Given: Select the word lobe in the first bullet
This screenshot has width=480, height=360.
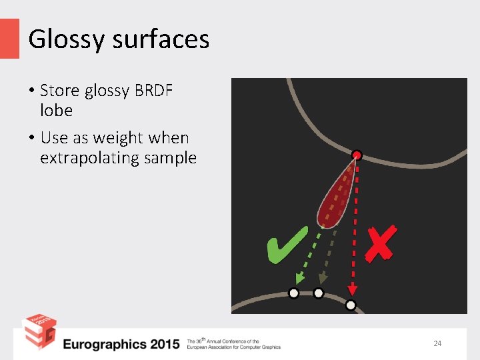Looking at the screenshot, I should (x=56, y=110).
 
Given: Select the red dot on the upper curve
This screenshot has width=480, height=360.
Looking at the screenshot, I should (x=357, y=155).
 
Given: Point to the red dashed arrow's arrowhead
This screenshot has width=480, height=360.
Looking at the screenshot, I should (x=353, y=289).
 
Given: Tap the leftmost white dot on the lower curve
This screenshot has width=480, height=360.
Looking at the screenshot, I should (x=293, y=293).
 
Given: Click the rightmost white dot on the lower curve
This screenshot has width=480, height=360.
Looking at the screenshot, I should (x=351, y=305).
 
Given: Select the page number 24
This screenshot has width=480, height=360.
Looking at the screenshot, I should (x=437, y=343).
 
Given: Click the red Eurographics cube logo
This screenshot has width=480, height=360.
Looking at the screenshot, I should (x=39, y=333).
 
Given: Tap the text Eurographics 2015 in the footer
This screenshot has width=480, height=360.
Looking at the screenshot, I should (x=121, y=344).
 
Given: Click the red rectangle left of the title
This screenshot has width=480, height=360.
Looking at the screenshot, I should (x=9, y=38).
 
